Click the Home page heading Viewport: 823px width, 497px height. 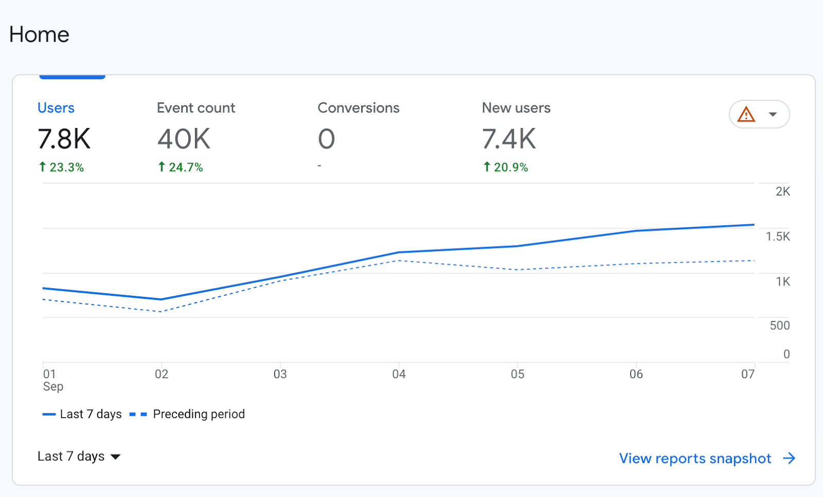[x=39, y=34]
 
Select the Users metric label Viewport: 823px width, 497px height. [x=56, y=108]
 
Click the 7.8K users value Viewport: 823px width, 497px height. [x=64, y=139]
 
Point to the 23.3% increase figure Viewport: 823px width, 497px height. [x=62, y=167]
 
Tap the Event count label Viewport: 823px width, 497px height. [x=195, y=108]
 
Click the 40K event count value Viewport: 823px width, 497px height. [x=184, y=139]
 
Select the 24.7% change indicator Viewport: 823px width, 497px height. [x=181, y=167]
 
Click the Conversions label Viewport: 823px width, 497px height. [x=358, y=108]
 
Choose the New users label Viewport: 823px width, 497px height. [x=516, y=108]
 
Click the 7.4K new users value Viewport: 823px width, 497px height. [x=509, y=139]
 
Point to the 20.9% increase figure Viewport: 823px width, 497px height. [x=506, y=167]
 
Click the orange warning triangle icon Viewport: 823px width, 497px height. [x=746, y=114]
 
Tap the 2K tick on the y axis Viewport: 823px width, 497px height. [x=782, y=191]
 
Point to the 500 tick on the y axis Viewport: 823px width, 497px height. [x=779, y=326]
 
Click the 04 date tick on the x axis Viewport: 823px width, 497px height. [x=399, y=374]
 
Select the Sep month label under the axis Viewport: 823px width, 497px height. [x=53, y=386]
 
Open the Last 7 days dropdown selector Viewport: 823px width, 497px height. [x=79, y=456]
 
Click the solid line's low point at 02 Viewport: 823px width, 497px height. [x=162, y=299]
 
